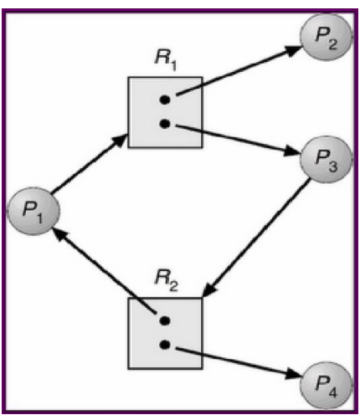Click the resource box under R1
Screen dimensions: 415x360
click(164, 112)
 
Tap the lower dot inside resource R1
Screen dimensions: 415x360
click(165, 124)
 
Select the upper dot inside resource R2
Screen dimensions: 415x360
click(165, 320)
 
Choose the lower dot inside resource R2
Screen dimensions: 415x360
click(165, 345)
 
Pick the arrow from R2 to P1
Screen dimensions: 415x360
click(105, 273)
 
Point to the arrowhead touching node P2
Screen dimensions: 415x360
click(293, 48)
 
